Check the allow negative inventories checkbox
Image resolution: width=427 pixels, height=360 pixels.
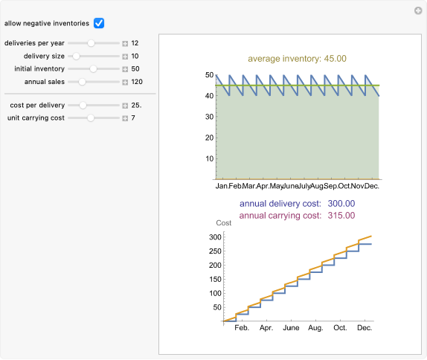coord(99,23)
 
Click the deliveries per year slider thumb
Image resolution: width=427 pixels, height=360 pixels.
coord(91,43)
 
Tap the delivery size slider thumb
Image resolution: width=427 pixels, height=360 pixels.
coord(76,56)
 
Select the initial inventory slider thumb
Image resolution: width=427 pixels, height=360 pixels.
coord(93,68)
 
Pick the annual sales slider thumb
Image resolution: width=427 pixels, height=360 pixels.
coord(83,82)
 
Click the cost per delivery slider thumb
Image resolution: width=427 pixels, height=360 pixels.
coord(83,105)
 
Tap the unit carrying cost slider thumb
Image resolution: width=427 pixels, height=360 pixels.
coord(91,118)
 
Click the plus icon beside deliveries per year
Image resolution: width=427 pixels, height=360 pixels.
coord(125,43)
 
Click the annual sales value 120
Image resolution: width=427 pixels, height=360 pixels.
coord(137,82)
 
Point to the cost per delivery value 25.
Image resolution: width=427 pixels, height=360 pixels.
coord(137,105)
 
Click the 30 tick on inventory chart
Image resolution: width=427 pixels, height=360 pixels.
coord(208,117)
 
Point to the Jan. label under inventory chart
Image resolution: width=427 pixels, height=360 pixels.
coord(222,186)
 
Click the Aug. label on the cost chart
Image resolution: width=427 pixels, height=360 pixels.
coord(315,327)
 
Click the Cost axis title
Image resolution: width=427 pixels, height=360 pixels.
coord(223,223)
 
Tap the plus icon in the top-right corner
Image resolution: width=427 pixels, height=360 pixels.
coord(418,10)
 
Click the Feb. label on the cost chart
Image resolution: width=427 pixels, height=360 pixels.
coord(241,327)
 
